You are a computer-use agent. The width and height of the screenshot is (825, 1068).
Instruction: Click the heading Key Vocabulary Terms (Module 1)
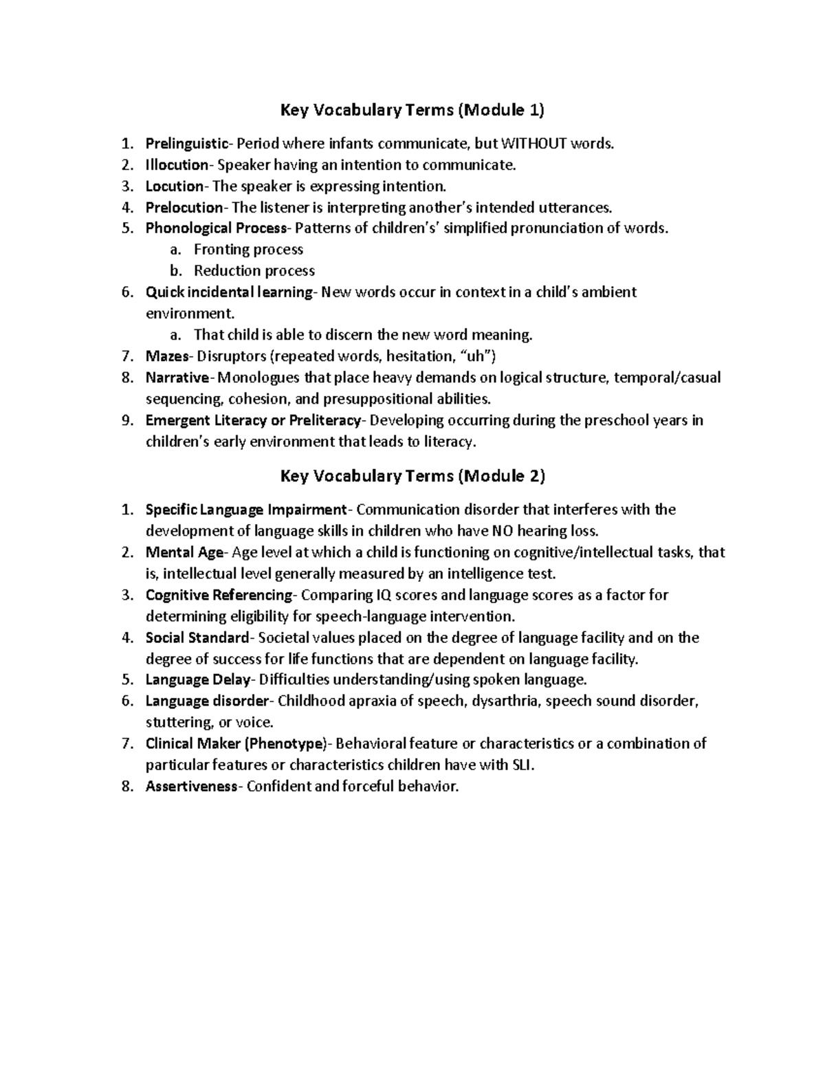point(412,109)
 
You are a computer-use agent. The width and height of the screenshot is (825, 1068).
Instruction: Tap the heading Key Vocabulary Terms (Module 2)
point(412,475)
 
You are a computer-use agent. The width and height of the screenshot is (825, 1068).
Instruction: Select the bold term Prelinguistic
point(186,144)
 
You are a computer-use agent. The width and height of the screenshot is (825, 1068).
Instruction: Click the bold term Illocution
point(177,165)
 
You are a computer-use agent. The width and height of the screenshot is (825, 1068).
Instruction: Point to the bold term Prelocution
point(184,208)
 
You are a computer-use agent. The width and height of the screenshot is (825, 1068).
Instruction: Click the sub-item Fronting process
point(248,250)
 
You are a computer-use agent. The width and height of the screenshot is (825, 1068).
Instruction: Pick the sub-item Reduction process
point(254,271)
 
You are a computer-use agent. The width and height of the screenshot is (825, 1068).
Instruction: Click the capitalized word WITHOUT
point(539,144)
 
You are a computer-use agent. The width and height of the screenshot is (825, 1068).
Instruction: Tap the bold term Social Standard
point(197,637)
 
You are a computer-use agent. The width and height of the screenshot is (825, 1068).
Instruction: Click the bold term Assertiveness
point(190,787)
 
